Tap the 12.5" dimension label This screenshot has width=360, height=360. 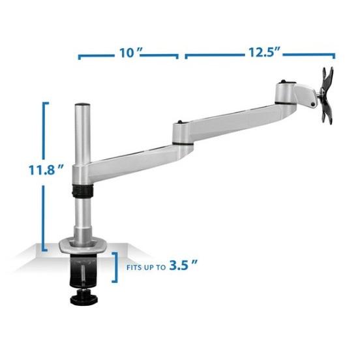point(264,52)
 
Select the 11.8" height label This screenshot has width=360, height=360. point(46,170)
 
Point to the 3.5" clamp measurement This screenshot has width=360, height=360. point(183,265)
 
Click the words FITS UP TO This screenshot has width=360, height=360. point(146,267)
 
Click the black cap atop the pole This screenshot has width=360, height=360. point(82,105)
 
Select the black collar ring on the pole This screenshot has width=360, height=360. point(83,191)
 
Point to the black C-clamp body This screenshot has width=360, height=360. point(83,271)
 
